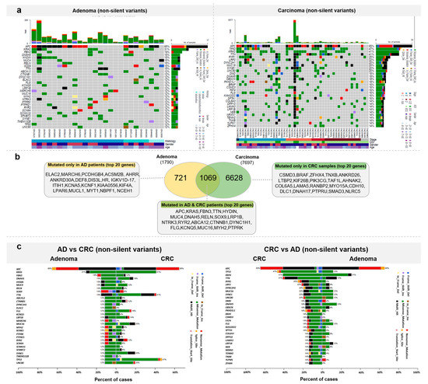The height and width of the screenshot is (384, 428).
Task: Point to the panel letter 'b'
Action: [x=6, y=159]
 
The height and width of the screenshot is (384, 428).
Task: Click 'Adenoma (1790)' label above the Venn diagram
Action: [x=183, y=167]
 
